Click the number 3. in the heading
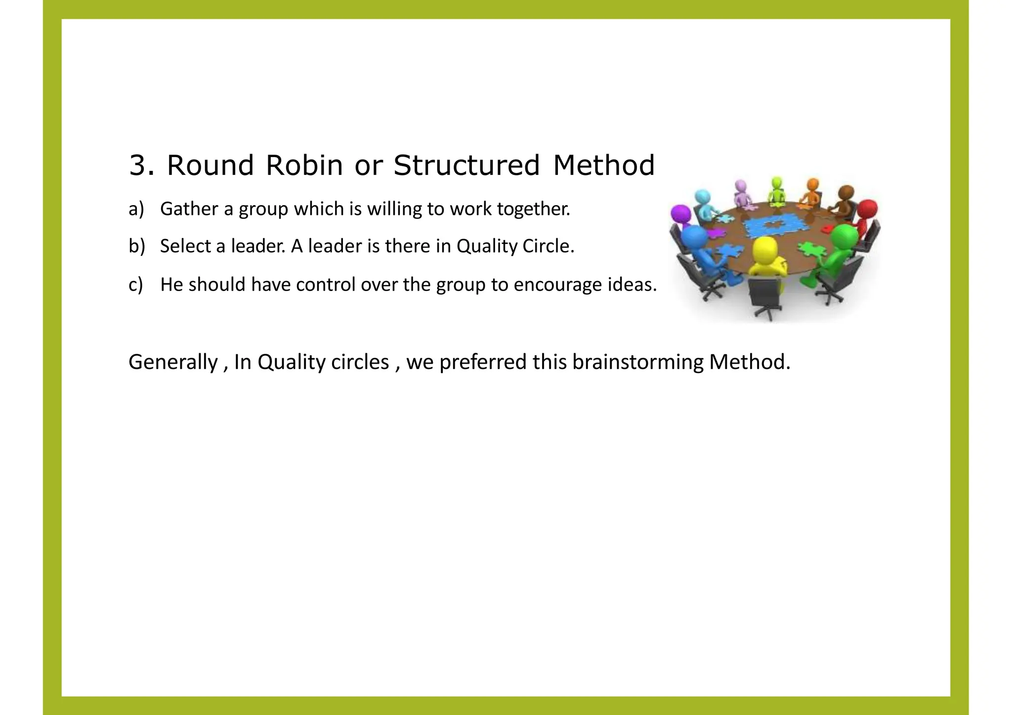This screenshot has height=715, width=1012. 141,166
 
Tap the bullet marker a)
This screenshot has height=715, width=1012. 136,209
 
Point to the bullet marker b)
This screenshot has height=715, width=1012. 136,246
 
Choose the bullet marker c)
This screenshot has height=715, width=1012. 135,285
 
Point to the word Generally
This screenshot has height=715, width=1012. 173,362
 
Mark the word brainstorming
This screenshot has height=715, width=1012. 637,362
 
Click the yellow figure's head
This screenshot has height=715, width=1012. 764,249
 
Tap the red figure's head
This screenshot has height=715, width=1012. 867,208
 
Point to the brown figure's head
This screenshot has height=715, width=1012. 846,193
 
